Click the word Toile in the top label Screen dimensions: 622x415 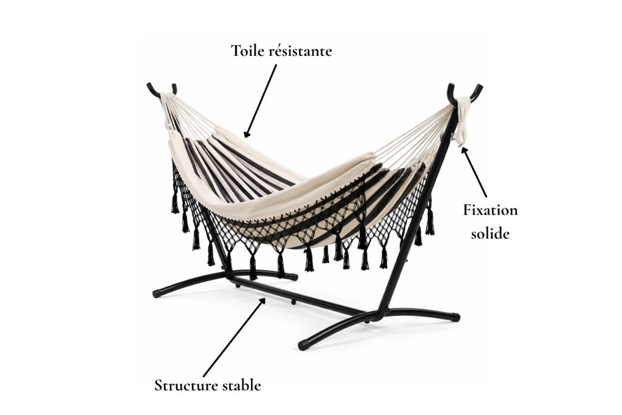click(247, 51)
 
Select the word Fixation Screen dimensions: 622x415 click(490, 210)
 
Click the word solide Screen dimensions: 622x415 click(490, 233)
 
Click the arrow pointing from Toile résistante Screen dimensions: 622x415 click(260, 101)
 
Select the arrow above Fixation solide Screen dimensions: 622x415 click(474, 172)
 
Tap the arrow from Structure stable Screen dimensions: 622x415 click(234, 337)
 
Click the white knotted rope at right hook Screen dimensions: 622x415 click(462, 121)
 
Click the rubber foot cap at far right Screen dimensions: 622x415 click(455, 317)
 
